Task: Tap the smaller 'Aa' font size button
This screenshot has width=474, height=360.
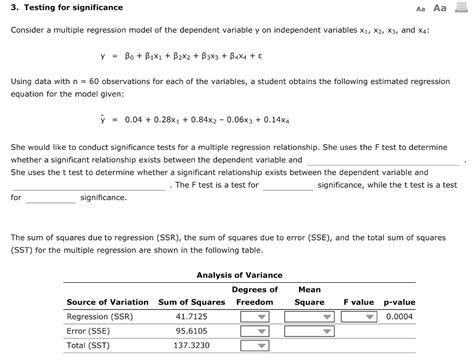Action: [x=417, y=8]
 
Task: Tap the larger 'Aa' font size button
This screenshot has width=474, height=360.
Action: [x=440, y=8]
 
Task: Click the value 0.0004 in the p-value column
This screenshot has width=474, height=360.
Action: [x=398, y=317]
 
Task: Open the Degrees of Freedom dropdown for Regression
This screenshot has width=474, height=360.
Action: [x=253, y=317]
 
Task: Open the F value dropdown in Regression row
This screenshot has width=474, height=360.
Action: [x=358, y=317]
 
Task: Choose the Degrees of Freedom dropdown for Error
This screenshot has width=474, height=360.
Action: [x=253, y=333]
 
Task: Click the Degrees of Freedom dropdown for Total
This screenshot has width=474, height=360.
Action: [x=253, y=349]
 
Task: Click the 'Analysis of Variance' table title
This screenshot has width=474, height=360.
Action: [x=240, y=274]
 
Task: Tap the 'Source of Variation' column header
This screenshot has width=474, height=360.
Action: [x=107, y=301]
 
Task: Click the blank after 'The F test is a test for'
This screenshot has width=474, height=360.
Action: [x=289, y=185]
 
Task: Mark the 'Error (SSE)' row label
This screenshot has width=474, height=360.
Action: [x=90, y=333]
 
